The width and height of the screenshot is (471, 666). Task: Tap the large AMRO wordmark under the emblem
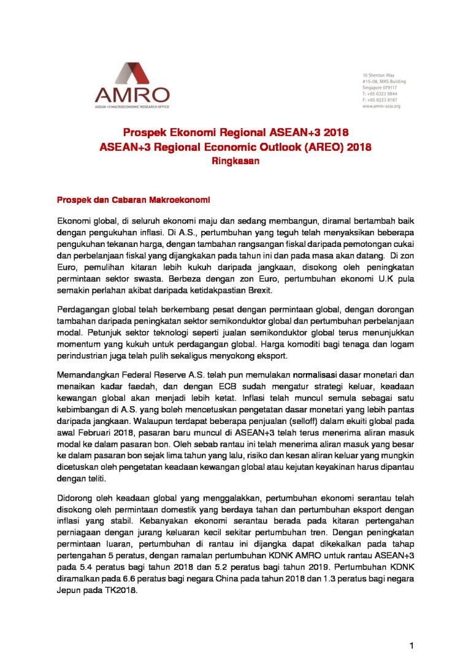coord(132,95)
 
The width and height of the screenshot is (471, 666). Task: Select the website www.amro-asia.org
coord(381,106)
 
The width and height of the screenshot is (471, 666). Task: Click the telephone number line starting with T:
coord(380,94)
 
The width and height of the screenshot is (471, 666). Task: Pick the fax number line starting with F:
coord(380,100)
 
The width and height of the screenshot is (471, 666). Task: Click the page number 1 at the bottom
coord(413,646)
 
